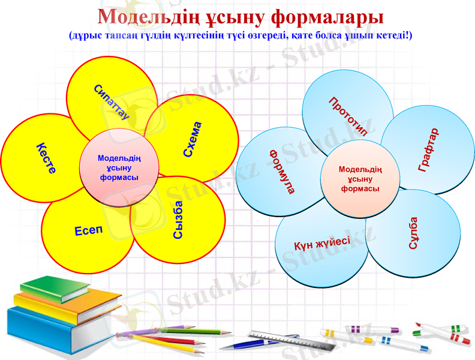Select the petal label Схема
[x=193, y=140]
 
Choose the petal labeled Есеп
[x=89, y=230]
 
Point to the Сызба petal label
[x=179, y=220]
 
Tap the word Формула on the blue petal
[x=281, y=171]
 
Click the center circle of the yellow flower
[x=119, y=168]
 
